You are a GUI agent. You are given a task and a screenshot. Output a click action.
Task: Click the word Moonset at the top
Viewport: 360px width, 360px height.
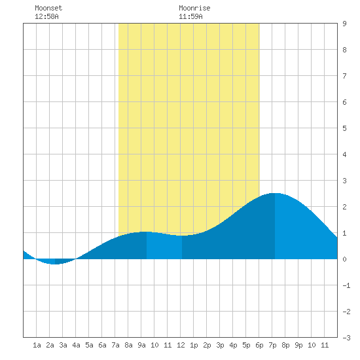pyautogui.click(x=48, y=8)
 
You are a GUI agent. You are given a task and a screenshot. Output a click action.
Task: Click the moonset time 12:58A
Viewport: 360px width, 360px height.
pyautogui.click(x=46, y=16)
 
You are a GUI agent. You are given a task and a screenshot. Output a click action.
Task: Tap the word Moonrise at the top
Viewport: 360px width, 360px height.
pyautogui.click(x=194, y=8)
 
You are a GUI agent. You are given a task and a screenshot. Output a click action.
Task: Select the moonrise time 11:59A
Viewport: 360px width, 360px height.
pyautogui.click(x=190, y=16)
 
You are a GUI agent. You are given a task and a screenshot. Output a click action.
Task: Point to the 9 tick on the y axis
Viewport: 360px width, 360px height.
pyautogui.click(x=344, y=24)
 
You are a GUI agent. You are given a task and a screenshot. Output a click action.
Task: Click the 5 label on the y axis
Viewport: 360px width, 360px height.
pyautogui.click(x=344, y=128)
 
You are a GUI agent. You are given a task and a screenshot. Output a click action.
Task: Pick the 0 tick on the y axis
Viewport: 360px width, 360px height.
pyautogui.click(x=344, y=259)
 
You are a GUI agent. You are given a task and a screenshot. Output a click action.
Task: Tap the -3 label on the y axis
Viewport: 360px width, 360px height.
pyautogui.click(x=346, y=338)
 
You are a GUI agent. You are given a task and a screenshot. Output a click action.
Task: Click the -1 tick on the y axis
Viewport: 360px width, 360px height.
pyautogui.click(x=346, y=285)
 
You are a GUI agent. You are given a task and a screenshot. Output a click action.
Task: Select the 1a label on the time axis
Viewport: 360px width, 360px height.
pyautogui.click(x=37, y=345)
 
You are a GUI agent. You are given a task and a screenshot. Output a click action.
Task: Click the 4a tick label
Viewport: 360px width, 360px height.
pyautogui.click(x=76, y=345)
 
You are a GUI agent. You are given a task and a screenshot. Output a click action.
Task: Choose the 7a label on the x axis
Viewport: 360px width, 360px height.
pyautogui.click(x=115, y=345)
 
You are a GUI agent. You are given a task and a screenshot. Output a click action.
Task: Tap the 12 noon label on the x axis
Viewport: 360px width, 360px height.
pyautogui.click(x=181, y=345)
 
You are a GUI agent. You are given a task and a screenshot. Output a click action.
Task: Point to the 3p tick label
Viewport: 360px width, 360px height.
pyautogui.click(x=220, y=345)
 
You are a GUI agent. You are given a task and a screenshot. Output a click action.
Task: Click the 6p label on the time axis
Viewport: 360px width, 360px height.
pyautogui.click(x=259, y=345)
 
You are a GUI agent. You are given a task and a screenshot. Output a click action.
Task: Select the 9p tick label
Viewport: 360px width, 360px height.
pyautogui.click(x=298, y=345)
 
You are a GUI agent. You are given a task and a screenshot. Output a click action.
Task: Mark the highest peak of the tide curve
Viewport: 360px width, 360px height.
pyautogui.click(x=275, y=193)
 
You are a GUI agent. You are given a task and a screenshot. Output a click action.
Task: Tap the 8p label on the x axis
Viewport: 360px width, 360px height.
pyautogui.click(x=285, y=345)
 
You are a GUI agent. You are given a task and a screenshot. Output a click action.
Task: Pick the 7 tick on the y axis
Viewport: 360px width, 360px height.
pyautogui.click(x=344, y=76)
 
